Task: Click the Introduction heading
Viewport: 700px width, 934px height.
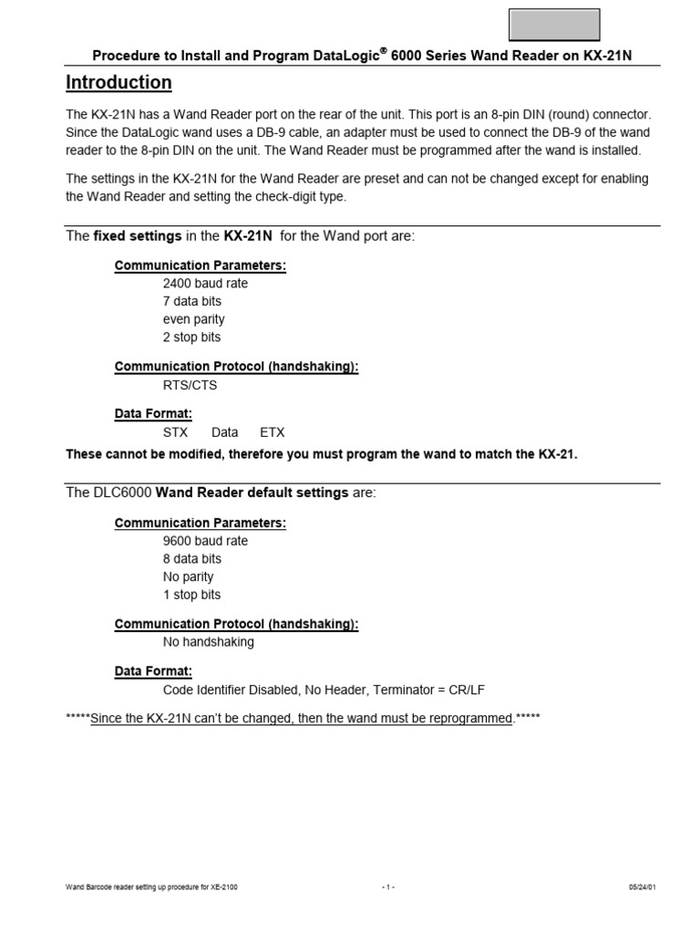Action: tap(118, 83)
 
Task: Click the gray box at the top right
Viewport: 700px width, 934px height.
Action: tap(553, 25)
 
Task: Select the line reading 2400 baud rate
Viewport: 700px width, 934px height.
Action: tap(205, 284)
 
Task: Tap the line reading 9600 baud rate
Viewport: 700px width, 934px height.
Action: tap(205, 541)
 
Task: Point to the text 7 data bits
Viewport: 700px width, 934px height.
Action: tap(191, 302)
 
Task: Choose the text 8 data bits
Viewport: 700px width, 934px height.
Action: tap(191, 559)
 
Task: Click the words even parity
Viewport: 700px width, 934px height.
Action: tap(193, 320)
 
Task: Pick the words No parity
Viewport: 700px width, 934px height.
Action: tap(188, 577)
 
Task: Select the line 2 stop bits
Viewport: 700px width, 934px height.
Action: tap(191, 338)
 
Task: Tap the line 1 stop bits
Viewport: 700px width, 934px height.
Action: tap(191, 596)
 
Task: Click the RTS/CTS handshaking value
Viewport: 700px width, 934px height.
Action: tap(190, 386)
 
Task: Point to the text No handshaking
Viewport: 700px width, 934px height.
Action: tap(208, 642)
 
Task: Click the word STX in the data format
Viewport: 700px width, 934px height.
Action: tap(176, 433)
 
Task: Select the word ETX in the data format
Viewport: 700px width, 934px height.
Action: tap(273, 433)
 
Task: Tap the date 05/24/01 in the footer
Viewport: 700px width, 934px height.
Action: tap(642, 887)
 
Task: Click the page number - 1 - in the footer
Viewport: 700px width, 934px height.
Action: tap(389, 887)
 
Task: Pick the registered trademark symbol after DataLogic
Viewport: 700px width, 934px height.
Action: tap(384, 51)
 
